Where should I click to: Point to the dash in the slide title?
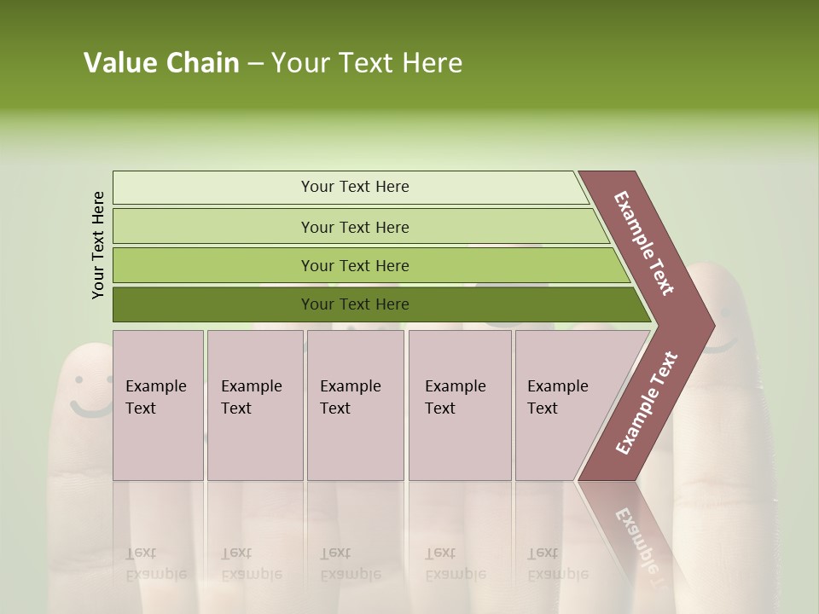(x=255, y=64)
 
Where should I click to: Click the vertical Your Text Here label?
(x=98, y=245)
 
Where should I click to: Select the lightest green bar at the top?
(x=354, y=187)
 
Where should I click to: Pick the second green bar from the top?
(x=354, y=227)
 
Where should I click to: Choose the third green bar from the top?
(x=354, y=265)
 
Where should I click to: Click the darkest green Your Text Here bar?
(x=354, y=304)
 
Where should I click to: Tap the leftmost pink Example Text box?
(x=158, y=405)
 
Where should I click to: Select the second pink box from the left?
(x=254, y=405)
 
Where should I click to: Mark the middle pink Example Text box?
(x=355, y=405)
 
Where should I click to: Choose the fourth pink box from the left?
(x=460, y=405)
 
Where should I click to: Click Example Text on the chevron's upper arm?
(x=644, y=243)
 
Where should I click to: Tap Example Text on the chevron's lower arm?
(x=647, y=403)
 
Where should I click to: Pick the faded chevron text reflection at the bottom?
(x=640, y=541)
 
